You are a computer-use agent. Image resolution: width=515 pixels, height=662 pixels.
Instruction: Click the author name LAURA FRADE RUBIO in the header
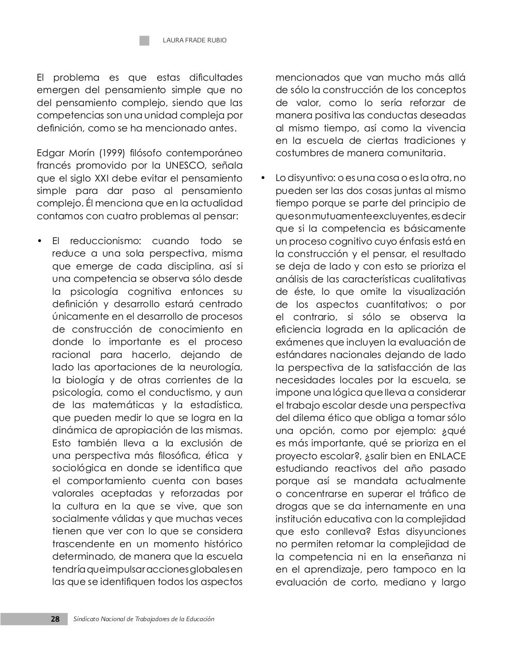click(194, 40)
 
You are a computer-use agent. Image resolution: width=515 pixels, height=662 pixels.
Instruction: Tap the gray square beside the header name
click(144, 40)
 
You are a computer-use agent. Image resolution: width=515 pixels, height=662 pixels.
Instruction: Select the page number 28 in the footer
click(55, 619)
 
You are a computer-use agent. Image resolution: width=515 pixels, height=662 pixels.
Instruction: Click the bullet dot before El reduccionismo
click(40, 242)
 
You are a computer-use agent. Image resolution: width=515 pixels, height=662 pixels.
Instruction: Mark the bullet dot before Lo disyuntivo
click(263, 178)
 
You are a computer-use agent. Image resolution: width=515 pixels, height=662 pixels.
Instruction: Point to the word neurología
click(215, 367)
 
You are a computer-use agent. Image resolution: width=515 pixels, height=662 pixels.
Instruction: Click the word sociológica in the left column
click(78, 468)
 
